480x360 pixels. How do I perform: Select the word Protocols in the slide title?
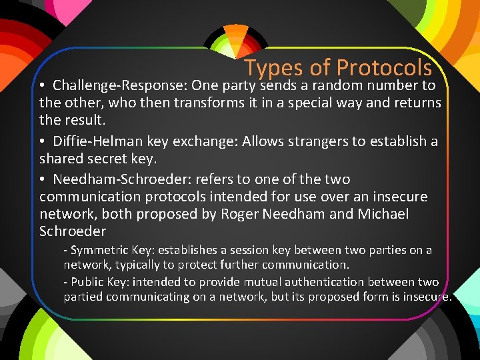(384, 68)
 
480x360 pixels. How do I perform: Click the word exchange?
(204, 141)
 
